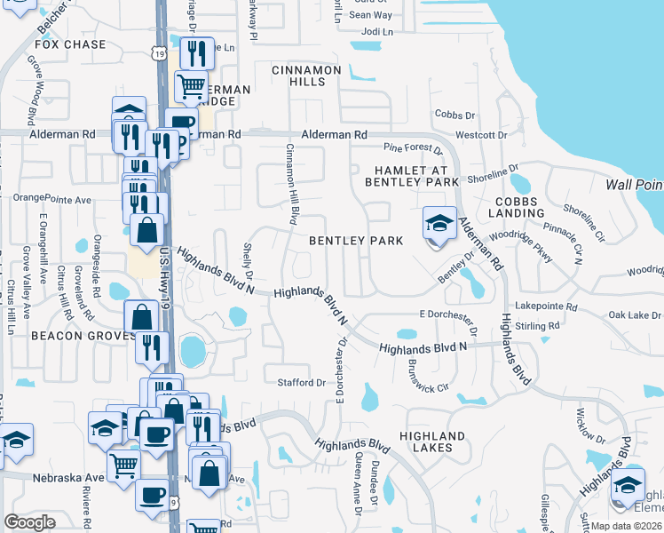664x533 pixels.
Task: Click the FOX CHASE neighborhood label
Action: [x=70, y=44]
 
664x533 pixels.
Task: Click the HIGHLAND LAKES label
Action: [x=432, y=442]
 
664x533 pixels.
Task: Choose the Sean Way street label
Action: [x=370, y=15]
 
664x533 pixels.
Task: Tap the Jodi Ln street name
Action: [x=377, y=31]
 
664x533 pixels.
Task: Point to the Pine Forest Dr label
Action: [x=413, y=147]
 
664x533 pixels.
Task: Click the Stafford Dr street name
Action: [x=304, y=383]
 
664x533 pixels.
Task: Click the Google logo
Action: [x=29, y=521]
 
